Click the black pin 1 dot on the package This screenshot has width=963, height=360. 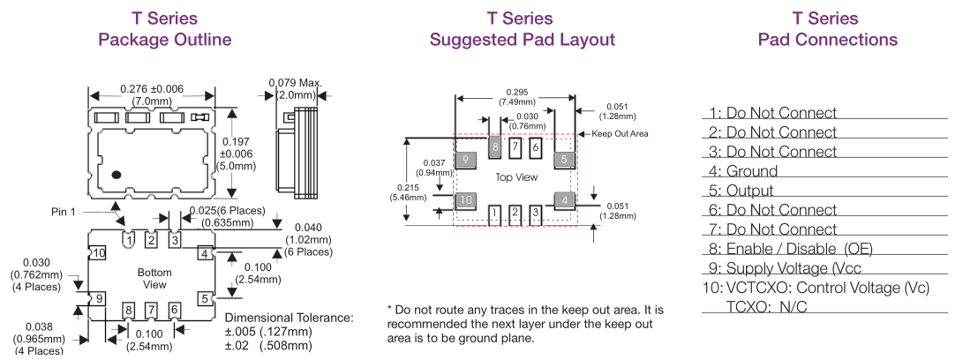point(116,173)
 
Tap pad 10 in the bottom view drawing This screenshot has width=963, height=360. point(99,254)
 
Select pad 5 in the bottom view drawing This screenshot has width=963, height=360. point(205,298)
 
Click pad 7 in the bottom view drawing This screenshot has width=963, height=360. point(152,310)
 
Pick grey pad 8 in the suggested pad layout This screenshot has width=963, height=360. point(495,146)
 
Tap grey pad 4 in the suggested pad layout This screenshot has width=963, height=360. point(563,199)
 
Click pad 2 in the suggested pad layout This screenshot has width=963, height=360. point(515,213)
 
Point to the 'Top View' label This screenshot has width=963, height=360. point(516,177)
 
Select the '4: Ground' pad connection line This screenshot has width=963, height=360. point(742,171)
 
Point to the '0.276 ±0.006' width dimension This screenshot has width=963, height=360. point(152,89)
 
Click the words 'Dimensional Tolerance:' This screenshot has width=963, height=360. point(290,318)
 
